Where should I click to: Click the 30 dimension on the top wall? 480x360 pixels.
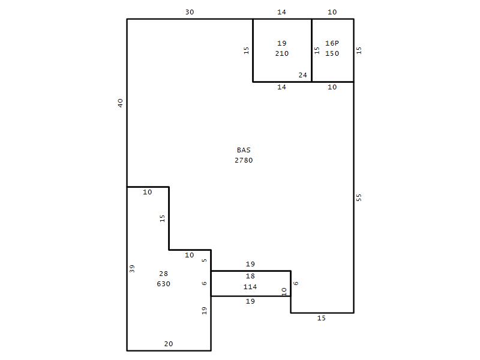coord(190,12)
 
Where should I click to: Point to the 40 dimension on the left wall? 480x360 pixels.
coord(121,103)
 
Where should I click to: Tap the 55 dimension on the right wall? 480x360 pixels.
coord(359,197)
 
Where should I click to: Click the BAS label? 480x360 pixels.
coord(244,150)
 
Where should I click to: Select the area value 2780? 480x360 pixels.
coord(244,160)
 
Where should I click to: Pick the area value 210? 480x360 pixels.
coord(281,53)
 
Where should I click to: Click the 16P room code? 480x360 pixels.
coord(332,43)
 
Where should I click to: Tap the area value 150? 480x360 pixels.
coord(332,53)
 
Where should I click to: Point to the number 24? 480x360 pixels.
coord(303,75)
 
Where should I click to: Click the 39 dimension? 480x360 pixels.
coord(132,268)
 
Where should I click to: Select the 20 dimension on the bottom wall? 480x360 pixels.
coord(169,344)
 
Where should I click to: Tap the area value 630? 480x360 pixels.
coord(163,284)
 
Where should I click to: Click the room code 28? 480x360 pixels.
coord(163,274)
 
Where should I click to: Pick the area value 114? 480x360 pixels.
coord(250,287)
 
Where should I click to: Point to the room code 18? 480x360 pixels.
coord(250,276)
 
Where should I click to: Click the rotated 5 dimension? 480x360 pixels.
coord(205,260)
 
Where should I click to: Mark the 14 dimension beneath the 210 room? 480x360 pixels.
coord(281,87)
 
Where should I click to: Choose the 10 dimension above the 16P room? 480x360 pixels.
coord(332,12)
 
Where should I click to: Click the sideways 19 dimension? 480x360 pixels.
coord(205,311)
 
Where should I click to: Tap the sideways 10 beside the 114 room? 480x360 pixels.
coord(284,292)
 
